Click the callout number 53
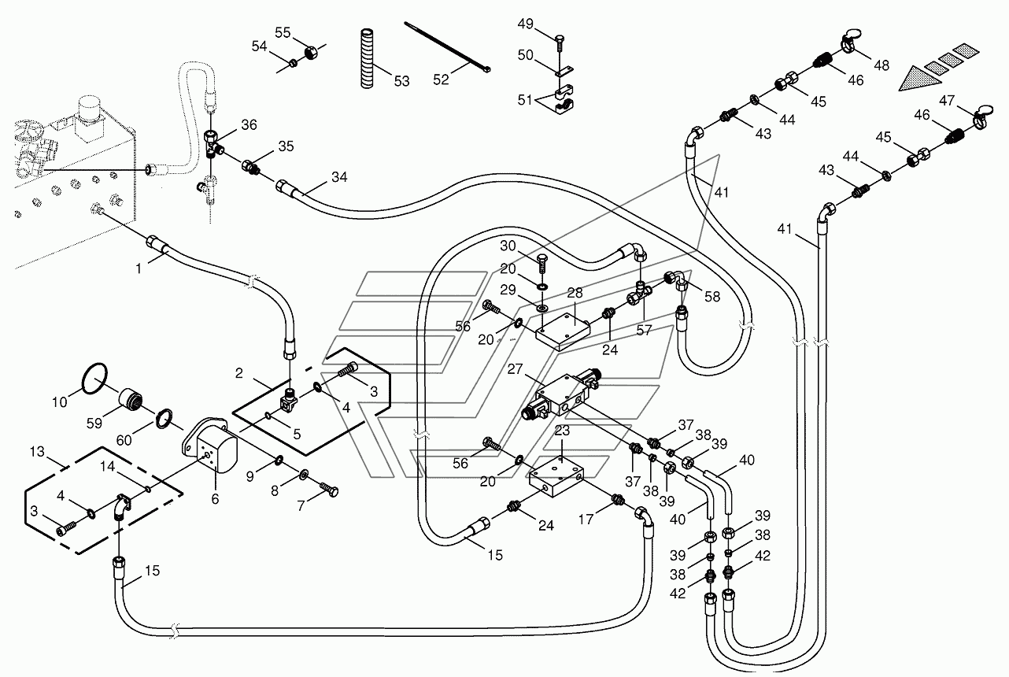point(402,82)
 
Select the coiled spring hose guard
point(367,58)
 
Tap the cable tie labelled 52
point(447,46)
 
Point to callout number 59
point(94,423)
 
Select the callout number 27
point(515,369)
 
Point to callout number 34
point(339,177)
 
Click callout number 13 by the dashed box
point(37,451)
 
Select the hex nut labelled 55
point(311,53)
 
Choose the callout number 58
point(712,297)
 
